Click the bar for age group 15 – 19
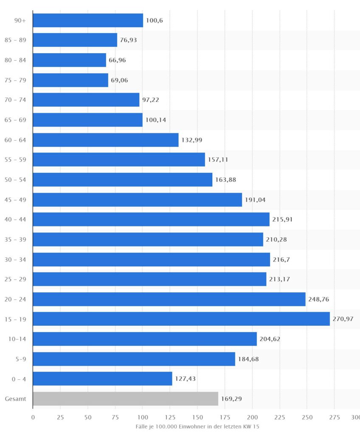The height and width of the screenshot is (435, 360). point(181,319)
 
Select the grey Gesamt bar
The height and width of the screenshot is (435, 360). point(125,398)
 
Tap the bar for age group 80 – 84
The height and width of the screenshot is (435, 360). point(69,60)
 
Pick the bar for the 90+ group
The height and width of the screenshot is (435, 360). point(88,20)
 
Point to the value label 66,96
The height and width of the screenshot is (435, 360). point(117,60)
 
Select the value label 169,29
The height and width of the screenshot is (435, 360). point(231,398)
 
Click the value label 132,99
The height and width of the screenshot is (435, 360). point(192,140)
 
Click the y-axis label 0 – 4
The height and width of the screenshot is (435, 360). point(19,379)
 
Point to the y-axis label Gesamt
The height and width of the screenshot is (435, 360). point(16,398)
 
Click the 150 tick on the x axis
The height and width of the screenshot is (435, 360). point(197,417)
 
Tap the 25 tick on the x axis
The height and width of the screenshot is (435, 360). point(60,417)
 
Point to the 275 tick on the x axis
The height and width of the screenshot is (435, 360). point(335,417)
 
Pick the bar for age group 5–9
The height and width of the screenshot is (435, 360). point(134,359)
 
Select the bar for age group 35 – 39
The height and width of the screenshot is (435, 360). point(148,239)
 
